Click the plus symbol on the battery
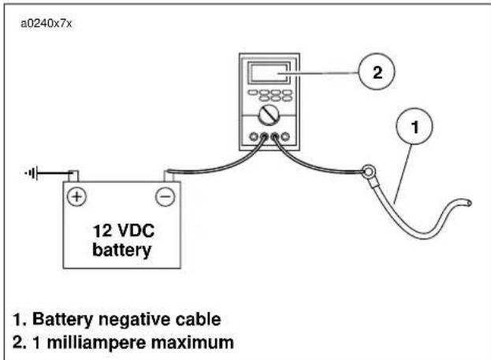(x=76, y=197)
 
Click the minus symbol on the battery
(x=166, y=197)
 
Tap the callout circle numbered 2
(x=377, y=72)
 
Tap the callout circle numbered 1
(x=415, y=126)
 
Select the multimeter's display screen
(x=269, y=73)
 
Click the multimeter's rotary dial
(x=269, y=116)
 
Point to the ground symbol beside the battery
(x=32, y=173)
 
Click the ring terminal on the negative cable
(x=369, y=172)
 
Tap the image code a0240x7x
(x=46, y=24)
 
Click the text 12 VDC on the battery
(x=124, y=231)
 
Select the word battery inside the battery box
(x=122, y=250)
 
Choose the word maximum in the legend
(x=192, y=343)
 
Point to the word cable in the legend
(x=198, y=319)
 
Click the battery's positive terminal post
(x=73, y=176)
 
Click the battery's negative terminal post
(x=169, y=176)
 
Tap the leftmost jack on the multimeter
(x=254, y=137)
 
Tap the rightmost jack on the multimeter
(x=285, y=137)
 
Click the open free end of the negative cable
(x=468, y=203)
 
